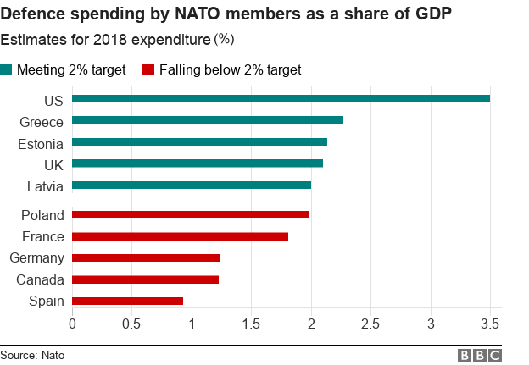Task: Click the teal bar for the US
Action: [281, 99]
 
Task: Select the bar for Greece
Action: [208, 120]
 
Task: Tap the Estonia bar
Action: [199, 142]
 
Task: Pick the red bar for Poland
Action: [190, 215]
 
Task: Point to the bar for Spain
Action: [127, 301]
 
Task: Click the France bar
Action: [180, 237]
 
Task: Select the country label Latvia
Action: [45, 185]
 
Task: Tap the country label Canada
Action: [41, 279]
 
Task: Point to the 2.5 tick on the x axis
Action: [371, 324]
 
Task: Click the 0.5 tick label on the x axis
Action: [131, 324]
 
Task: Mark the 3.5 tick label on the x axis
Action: [491, 324]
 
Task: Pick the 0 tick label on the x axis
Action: [72, 324]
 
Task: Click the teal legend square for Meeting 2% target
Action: [7, 69]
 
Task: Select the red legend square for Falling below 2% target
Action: [148, 69]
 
